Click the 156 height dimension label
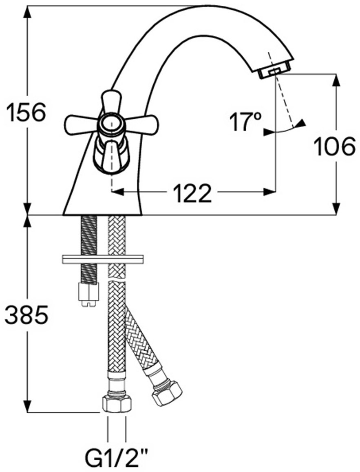tap(27, 112)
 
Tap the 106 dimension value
tap(334, 146)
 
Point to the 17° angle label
tap(245, 122)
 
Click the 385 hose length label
tap(27, 315)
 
